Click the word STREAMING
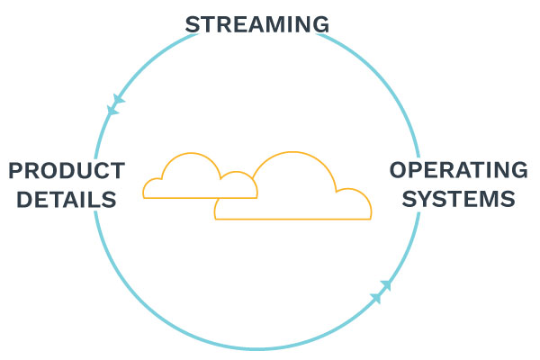(x=257, y=24)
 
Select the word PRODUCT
(x=66, y=170)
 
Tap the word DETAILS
(x=63, y=199)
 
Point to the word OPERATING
(x=458, y=170)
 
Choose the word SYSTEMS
(x=458, y=198)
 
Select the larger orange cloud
(x=292, y=189)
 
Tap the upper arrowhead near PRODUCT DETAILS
(x=118, y=99)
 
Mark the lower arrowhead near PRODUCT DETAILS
(x=112, y=111)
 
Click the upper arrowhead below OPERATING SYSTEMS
(x=386, y=285)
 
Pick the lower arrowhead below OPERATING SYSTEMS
(x=376, y=297)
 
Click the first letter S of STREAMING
(x=192, y=24)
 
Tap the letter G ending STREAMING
(x=321, y=24)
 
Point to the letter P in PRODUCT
(x=15, y=170)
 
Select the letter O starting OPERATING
(x=398, y=170)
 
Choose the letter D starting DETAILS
(x=15, y=199)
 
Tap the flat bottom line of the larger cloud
(x=292, y=219)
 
